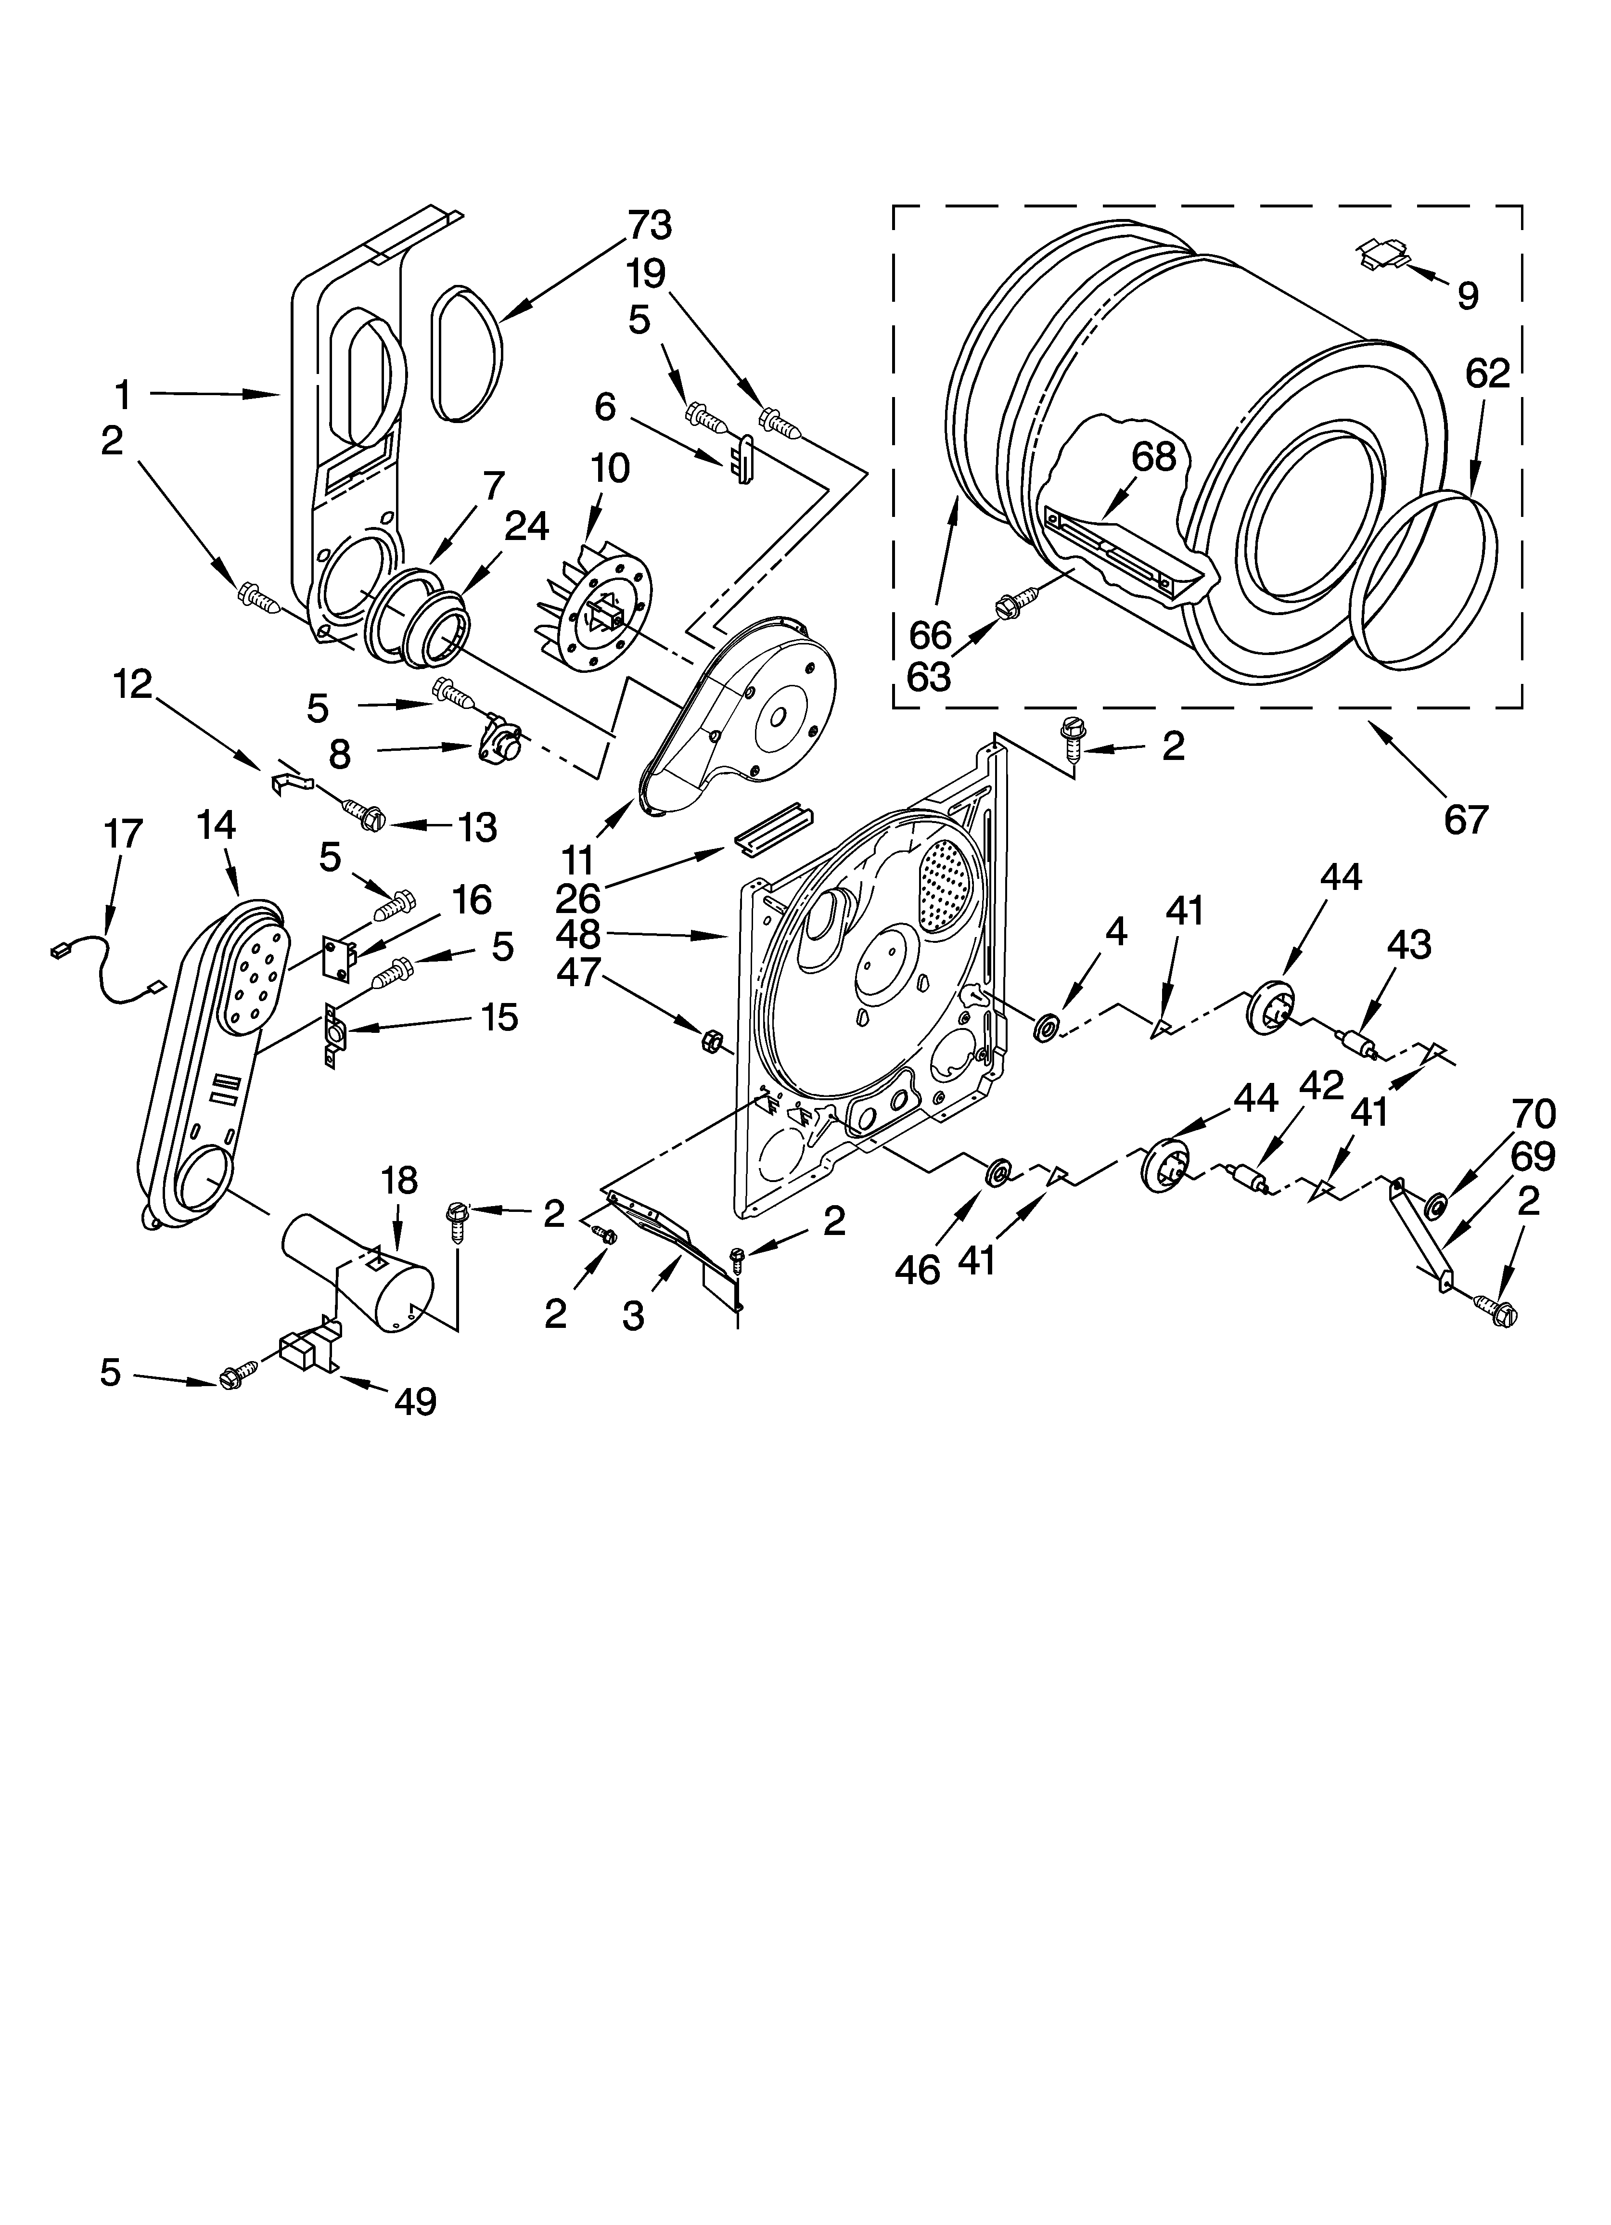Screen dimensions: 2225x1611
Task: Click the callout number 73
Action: (x=650, y=226)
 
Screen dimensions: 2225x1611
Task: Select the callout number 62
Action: (x=1487, y=374)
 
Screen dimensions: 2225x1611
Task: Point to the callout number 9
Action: (x=1468, y=296)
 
